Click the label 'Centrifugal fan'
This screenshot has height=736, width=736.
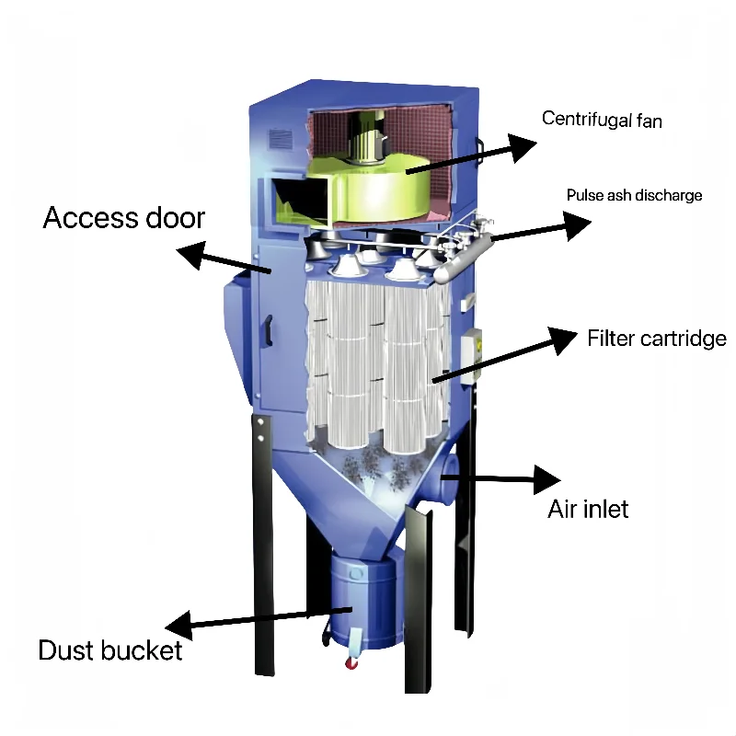coord(603,119)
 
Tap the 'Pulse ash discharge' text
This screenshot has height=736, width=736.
coord(634,195)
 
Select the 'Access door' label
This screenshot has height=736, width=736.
coord(124,218)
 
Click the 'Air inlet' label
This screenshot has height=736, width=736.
coord(589,508)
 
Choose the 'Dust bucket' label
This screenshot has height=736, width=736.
coord(110,650)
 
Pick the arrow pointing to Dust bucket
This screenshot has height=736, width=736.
coord(258,621)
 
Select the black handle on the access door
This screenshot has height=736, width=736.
coord(269,328)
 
